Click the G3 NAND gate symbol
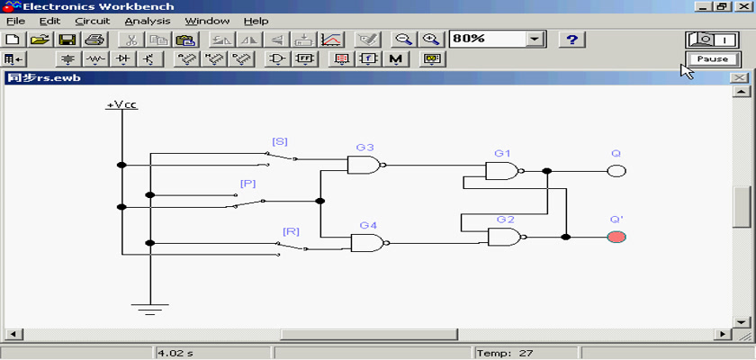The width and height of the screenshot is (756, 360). [x=366, y=166]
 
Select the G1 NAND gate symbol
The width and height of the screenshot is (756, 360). [x=504, y=171]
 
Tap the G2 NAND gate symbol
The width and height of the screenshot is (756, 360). [x=507, y=237]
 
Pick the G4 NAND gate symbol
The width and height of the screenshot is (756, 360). [x=370, y=243]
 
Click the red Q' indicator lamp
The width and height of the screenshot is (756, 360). [x=616, y=237]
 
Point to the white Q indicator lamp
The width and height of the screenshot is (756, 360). [x=616, y=171]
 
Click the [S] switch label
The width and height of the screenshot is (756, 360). [x=280, y=141]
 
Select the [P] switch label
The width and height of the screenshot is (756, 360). [x=247, y=184]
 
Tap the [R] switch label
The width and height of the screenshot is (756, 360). [x=292, y=232]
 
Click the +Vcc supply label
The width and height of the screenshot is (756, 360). [x=122, y=104]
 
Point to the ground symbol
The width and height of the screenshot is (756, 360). [x=150, y=310]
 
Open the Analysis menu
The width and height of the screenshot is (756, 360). [x=148, y=22]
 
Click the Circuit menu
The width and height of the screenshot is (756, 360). [x=93, y=22]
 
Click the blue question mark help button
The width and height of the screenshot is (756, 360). [x=571, y=39]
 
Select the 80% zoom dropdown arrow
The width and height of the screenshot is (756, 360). [x=534, y=39]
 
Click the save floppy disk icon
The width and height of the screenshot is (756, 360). [x=66, y=39]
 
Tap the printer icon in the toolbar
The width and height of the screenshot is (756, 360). [x=94, y=39]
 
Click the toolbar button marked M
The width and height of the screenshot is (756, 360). [x=396, y=59]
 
